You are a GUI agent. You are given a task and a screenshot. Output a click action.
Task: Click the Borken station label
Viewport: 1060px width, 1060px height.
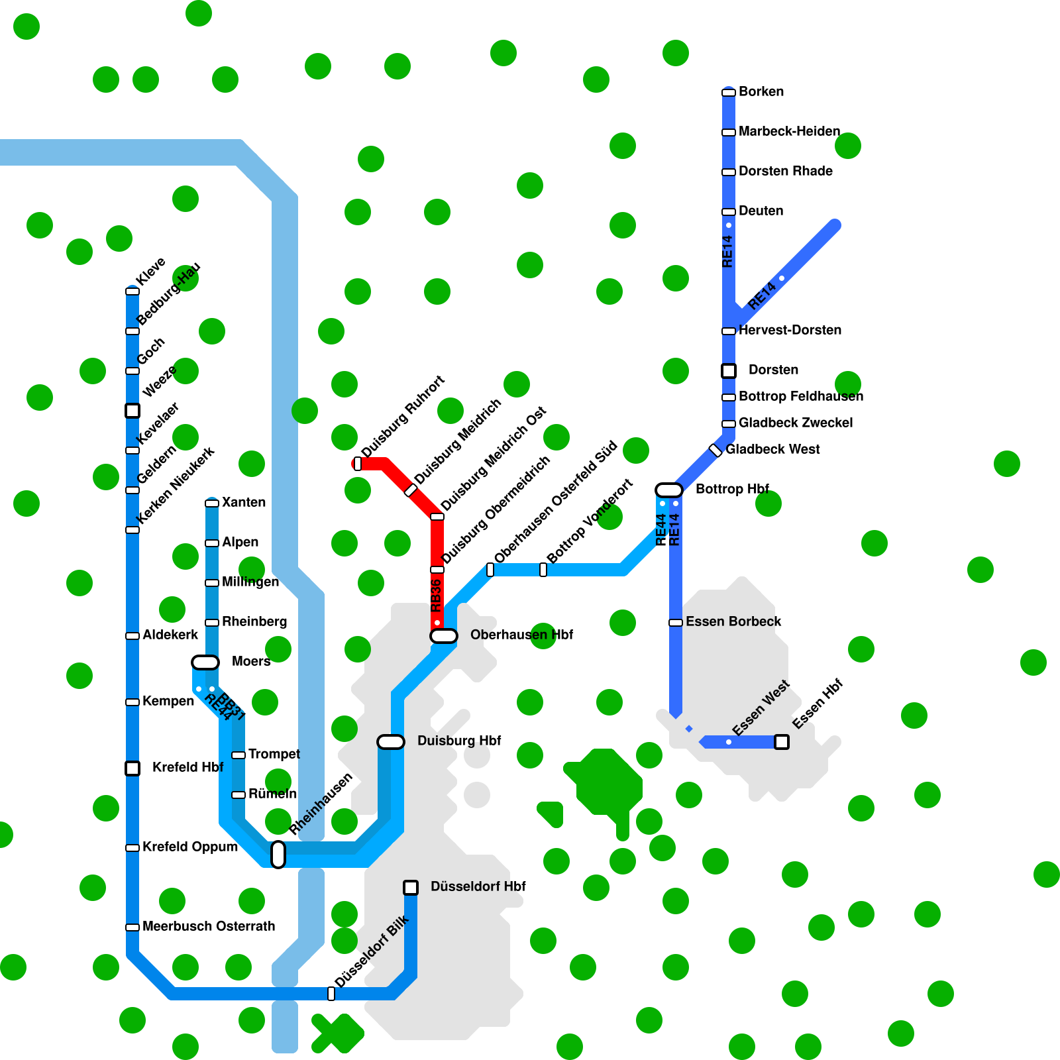click(x=761, y=91)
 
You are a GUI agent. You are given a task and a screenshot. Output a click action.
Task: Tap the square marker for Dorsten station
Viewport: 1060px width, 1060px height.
click(x=729, y=371)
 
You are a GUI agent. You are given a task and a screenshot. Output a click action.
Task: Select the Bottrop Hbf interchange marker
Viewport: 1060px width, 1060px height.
click(x=669, y=490)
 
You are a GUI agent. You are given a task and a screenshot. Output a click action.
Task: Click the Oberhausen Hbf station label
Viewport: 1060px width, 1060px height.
click(x=521, y=635)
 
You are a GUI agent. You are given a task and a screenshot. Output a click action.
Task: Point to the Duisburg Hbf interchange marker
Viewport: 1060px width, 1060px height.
click(x=391, y=742)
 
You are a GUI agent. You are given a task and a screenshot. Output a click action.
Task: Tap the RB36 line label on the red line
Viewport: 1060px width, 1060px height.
click(x=436, y=595)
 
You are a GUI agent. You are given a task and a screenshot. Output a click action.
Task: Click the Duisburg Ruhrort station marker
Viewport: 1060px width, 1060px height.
click(x=358, y=464)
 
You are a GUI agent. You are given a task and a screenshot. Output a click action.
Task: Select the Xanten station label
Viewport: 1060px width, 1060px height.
click(x=244, y=502)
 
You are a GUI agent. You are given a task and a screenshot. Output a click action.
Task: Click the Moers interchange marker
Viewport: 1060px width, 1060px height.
click(x=205, y=662)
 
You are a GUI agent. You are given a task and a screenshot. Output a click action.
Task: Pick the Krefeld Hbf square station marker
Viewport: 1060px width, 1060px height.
click(x=132, y=768)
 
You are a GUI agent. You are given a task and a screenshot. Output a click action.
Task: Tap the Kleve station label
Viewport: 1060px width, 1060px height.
click(x=150, y=271)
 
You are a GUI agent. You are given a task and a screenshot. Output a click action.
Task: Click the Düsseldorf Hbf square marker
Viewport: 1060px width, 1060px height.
click(x=411, y=888)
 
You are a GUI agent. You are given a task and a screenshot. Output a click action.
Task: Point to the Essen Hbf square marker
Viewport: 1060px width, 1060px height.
click(x=782, y=742)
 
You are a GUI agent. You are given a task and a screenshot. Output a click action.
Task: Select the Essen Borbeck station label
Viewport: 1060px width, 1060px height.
click(x=733, y=621)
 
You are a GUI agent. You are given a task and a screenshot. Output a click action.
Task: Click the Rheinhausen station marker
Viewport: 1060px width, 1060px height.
click(x=278, y=855)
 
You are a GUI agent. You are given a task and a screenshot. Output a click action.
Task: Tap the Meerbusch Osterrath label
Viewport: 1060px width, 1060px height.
click(x=209, y=926)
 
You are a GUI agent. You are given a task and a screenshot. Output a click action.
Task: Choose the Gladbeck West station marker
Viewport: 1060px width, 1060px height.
click(x=715, y=450)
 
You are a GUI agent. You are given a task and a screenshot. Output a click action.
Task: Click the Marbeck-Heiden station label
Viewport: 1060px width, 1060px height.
click(x=789, y=131)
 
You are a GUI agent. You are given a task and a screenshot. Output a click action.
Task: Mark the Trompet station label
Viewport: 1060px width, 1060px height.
click(x=274, y=754)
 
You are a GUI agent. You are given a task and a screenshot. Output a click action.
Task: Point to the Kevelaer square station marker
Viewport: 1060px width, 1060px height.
click(x=132, y=411)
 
